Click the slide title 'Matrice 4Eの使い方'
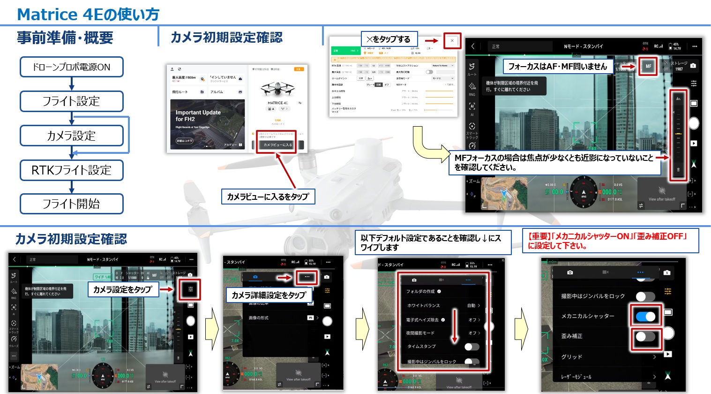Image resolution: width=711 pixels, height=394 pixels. pos(88,15)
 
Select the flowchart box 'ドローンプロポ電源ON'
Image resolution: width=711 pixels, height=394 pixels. pos(71,67)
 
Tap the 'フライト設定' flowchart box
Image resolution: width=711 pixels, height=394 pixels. pos(71,101)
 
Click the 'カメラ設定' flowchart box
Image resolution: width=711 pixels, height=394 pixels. pos(71,136)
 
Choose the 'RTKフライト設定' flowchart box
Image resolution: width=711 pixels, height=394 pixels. pos(71,170)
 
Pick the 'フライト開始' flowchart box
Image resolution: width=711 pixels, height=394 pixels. pos(71,204)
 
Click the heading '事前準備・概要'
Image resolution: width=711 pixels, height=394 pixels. pos(65,38)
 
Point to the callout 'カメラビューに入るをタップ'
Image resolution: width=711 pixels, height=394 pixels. pos(268,197)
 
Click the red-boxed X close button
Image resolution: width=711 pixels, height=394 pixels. pos(452,41)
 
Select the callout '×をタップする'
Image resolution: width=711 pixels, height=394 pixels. pos(389,39)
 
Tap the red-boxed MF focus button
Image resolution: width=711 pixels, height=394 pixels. pos(648,66)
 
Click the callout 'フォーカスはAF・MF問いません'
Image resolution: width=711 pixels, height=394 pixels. pos(557,67)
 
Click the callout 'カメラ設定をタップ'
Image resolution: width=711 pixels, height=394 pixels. pos(122,289)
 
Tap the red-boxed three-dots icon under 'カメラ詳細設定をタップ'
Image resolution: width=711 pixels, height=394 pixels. pos(307,277)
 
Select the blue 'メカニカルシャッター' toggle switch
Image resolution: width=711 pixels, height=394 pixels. pos(645,317)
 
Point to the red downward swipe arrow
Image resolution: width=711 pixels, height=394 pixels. pos(454,326)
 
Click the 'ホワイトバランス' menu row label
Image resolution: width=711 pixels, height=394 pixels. pos(423,305)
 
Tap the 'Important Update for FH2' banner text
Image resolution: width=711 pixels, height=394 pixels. pos(198,116)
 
